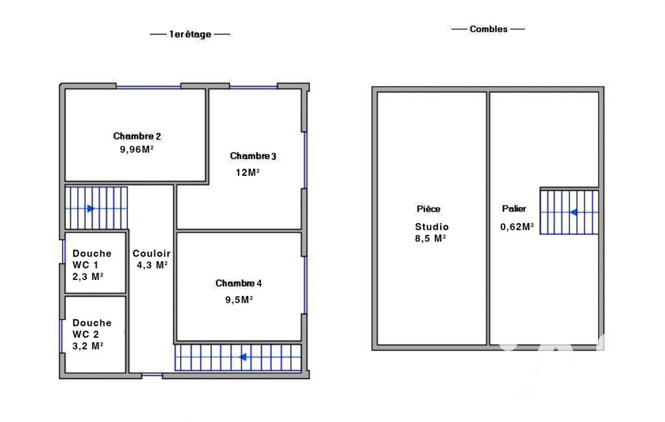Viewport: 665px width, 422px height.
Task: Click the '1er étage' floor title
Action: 190,34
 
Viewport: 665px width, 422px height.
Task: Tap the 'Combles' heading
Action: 488,29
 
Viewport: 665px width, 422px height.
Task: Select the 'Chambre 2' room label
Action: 137,136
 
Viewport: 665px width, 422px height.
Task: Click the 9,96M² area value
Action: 136,149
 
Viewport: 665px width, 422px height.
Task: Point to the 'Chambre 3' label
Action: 253,156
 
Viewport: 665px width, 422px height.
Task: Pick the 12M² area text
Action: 248,172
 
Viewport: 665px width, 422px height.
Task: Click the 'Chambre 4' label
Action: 238,283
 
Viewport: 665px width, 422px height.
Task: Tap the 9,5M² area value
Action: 239,300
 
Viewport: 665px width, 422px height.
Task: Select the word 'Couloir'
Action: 151,253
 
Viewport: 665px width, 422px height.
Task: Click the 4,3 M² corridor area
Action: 152,265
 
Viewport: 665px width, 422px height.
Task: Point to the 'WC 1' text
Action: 85,265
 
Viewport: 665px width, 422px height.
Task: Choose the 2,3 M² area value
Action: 88,277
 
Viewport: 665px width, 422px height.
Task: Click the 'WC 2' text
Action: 86,334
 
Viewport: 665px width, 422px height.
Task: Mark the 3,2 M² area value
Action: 88,346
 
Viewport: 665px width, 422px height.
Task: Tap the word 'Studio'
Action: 431,227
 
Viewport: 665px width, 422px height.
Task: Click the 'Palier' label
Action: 514,208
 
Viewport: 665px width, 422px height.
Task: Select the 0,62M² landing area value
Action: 517,227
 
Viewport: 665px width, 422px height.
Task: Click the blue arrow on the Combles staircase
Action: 574,212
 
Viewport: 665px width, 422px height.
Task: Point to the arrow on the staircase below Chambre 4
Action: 243,357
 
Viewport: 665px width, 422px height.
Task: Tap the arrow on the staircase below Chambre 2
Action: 91,208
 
